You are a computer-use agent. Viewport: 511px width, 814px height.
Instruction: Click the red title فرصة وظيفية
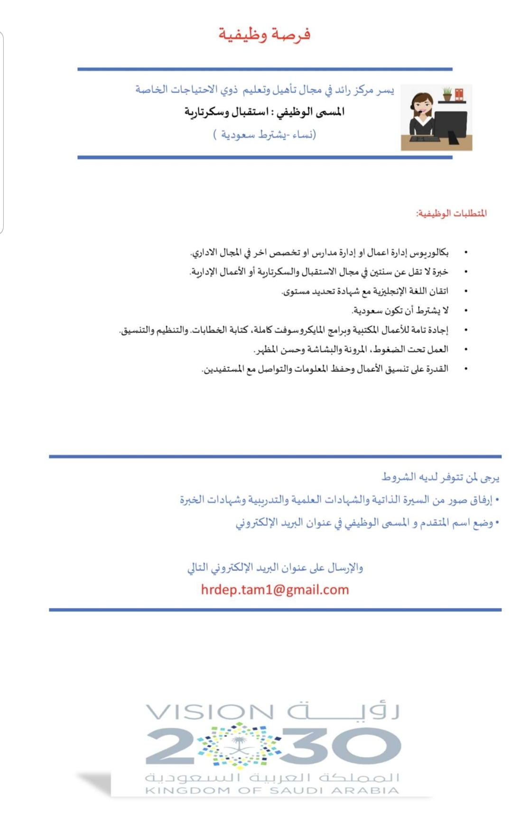coord(264,35)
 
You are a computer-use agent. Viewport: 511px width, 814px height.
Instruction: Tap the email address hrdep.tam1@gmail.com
coord(275,590)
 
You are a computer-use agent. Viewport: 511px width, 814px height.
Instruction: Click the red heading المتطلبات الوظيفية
coord(451,213)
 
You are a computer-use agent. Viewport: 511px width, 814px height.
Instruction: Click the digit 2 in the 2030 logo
coord(168,747)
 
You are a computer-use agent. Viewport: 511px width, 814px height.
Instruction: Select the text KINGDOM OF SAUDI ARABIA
coord(272,791)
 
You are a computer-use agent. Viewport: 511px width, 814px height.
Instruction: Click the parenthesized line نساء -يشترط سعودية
coord(264,135)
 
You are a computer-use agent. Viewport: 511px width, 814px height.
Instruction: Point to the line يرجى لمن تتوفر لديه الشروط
coord(440,477)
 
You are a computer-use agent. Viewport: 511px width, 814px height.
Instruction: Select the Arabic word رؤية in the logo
coord(344,711)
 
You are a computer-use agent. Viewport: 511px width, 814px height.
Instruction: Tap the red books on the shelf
coord(459,94)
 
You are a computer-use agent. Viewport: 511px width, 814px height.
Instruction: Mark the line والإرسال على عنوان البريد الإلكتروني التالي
coord(275,568)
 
